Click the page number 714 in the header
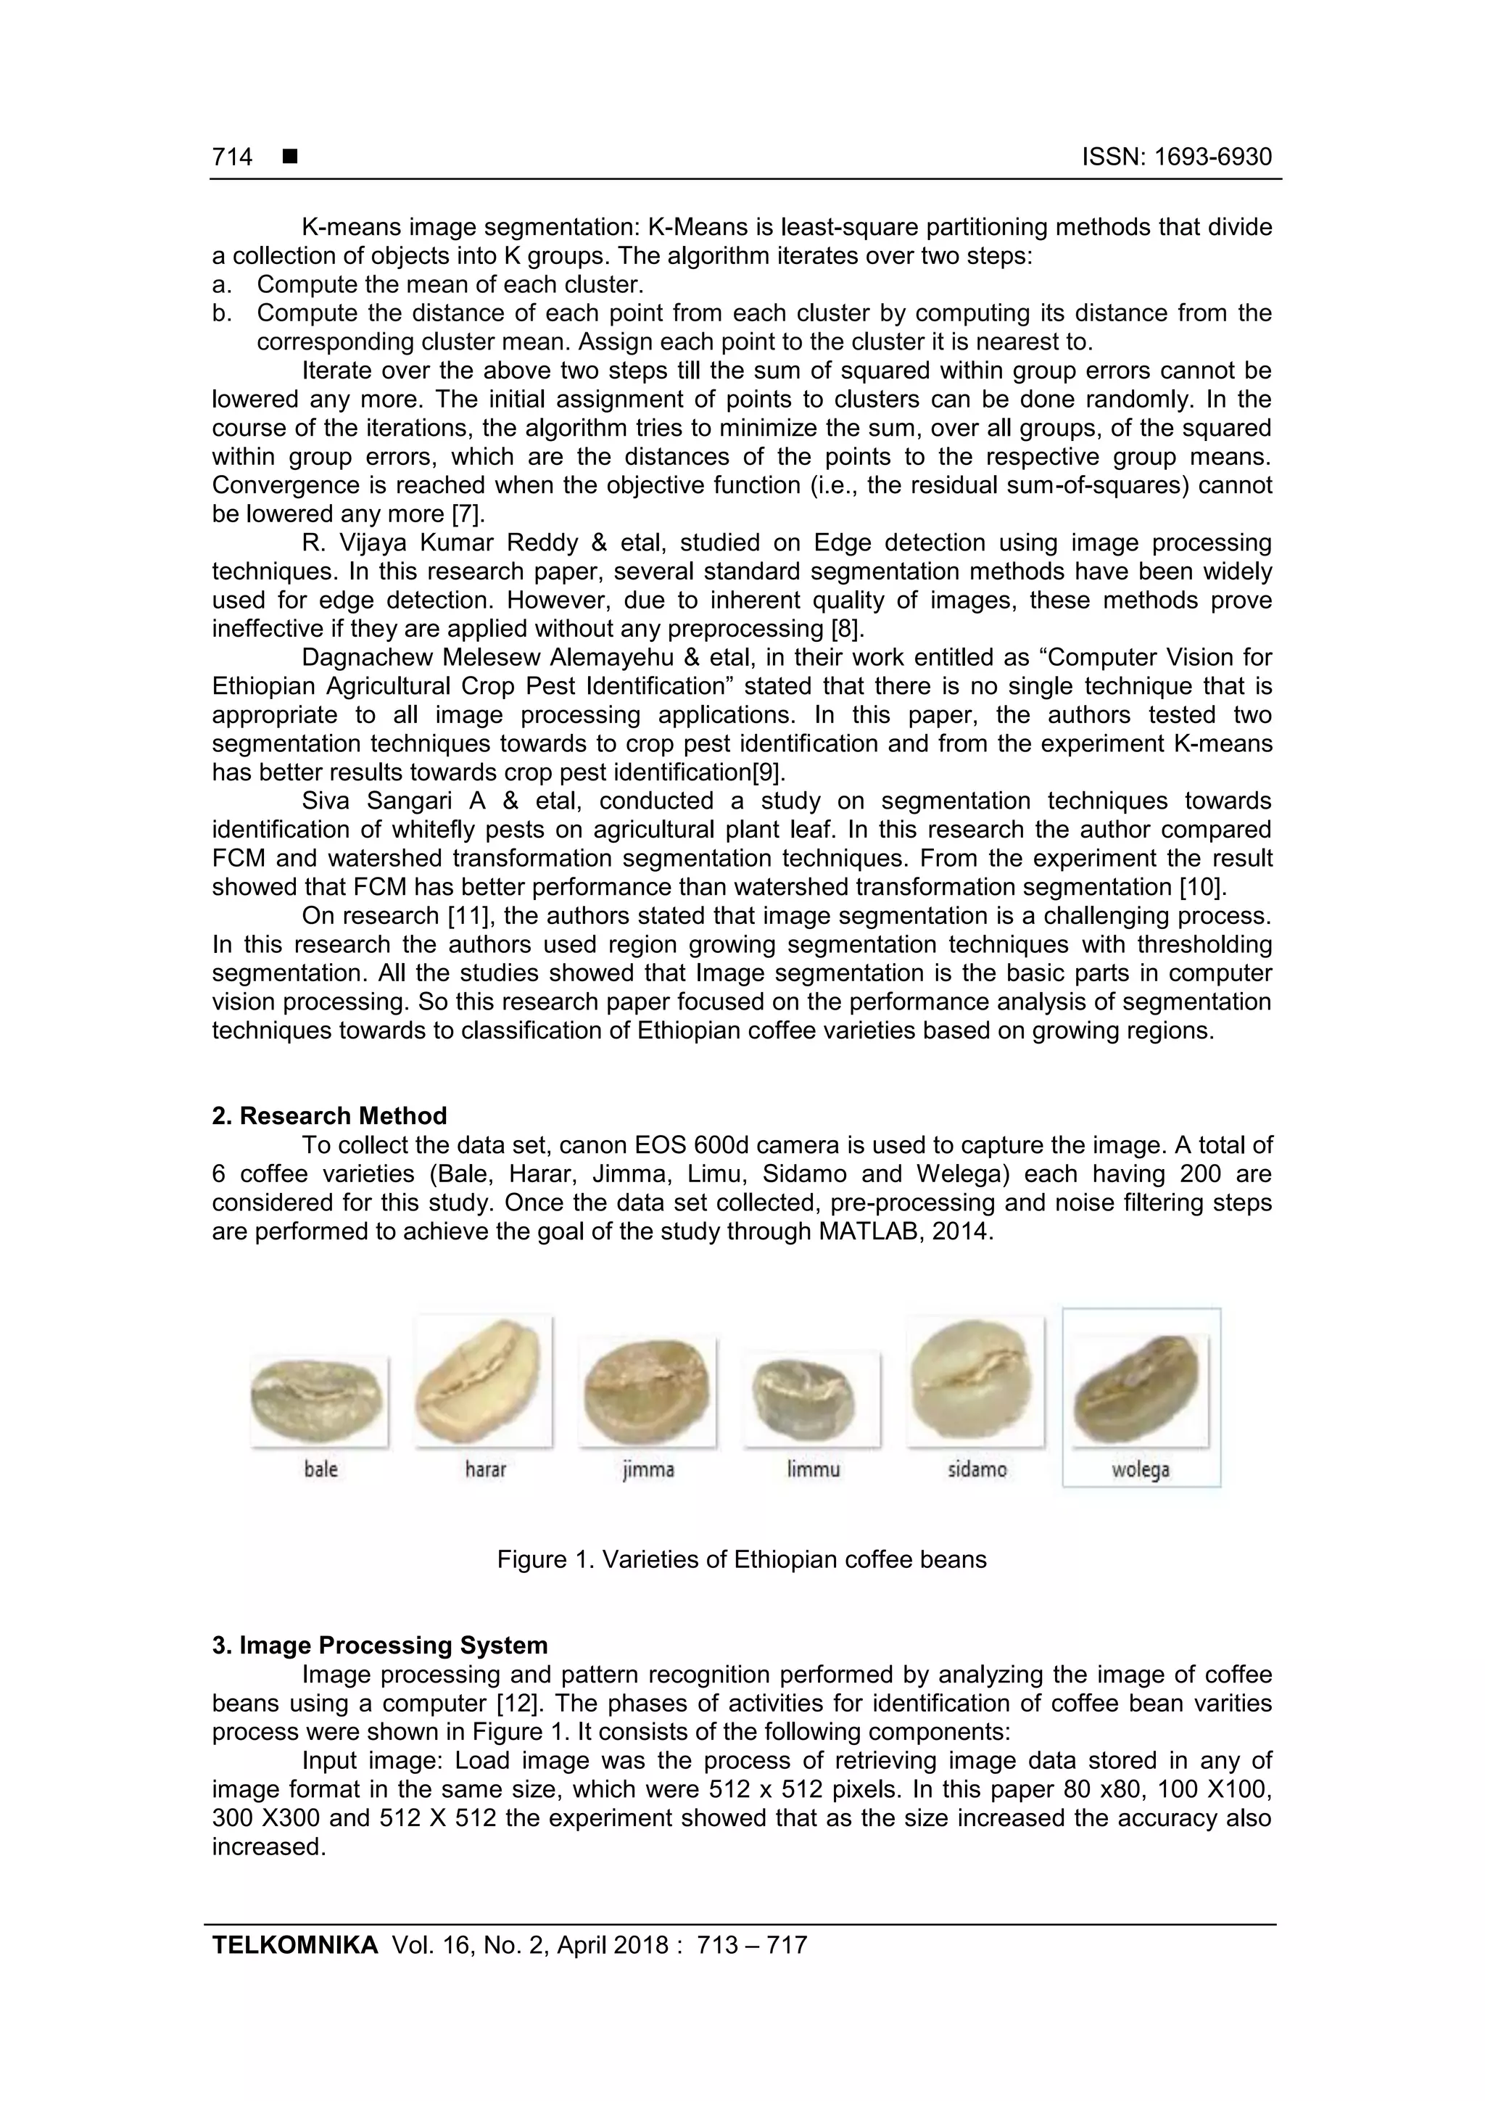point(233,157)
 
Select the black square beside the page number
point(290,157)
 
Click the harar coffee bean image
point(483,1381)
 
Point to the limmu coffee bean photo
point(811,1398)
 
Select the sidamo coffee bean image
point(975,1381)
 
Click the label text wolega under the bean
point(1140,1469)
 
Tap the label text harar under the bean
point(485,1469)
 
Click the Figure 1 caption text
point(741,1559)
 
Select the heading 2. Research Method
point(329,1115)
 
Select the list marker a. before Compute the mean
point(220,284)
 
